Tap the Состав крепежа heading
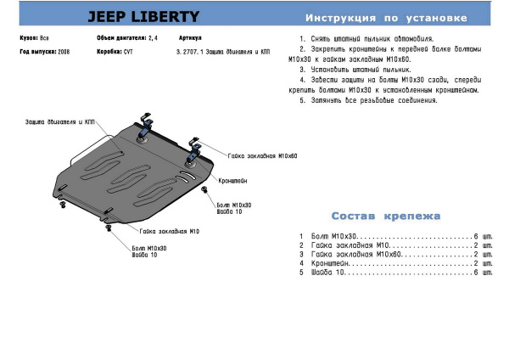386,217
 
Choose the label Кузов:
28,39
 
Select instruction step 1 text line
366,40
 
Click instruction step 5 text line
368,100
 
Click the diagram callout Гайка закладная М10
170,231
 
